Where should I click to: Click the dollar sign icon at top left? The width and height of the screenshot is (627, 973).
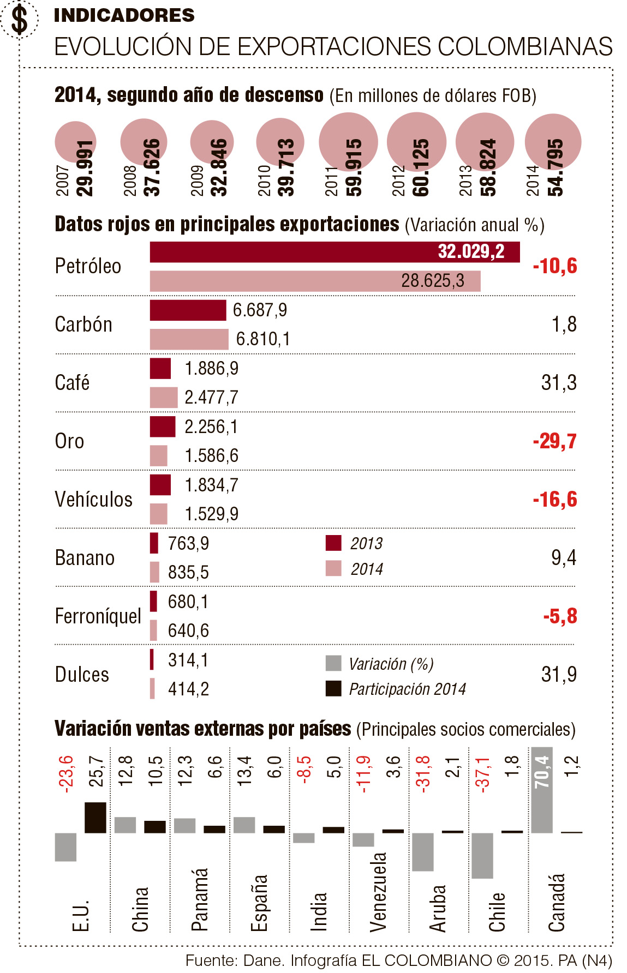pyautogui.click(x=20, y=19)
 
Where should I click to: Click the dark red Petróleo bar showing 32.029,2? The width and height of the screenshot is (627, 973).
pyautogui.click(x=334, y=252)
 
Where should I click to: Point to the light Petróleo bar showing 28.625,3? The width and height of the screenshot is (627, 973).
pyautogui.click(x=315, y=281)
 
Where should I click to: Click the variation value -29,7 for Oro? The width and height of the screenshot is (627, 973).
pyautogui.click(x=554, y=441)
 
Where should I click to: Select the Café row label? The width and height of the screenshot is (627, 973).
pyautogui.click(x=72, y=382)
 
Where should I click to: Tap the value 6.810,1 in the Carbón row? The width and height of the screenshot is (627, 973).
pyautogui.click(x=262, y=339)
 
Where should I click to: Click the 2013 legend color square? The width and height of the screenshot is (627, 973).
pyautogui.click(x=333, y=543)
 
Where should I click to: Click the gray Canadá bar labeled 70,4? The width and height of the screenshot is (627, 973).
pyautogui.click(x=541, y=790)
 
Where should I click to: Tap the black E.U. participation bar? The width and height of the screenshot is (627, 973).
pyautogui.click(x=95, y=817)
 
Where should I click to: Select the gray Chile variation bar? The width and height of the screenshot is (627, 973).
pyautogui.click(x=482, y=855)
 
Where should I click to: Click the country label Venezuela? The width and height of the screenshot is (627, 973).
pyautogui.click(x=378, y=891)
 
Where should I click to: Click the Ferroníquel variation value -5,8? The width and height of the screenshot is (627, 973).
pyautogui.click(x=560, y=616)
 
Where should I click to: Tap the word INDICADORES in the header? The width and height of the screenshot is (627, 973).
pyautogui.click(x=124, y=15)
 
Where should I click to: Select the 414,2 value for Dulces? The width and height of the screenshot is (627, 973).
pyautogui.click(x=188, y=689)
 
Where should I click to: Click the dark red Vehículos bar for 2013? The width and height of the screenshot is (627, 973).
pyautogui.click(x=160, y=485)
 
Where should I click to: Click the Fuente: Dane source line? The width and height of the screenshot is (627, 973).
pyautogui.click(x=398, y=960)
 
